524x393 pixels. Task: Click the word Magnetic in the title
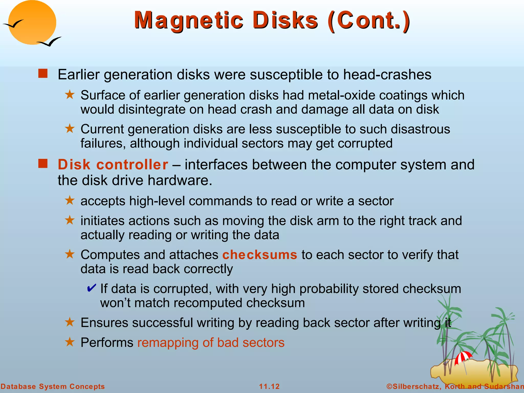[x=189, y=20]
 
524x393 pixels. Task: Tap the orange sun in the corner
[x=32, y=23]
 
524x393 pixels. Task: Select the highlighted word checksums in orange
[x=260, y=255]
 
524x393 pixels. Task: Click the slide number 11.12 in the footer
[x=269, y=386]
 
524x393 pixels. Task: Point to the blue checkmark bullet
[x=91, y=288]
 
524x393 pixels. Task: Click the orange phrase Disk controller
[x=113, y=165]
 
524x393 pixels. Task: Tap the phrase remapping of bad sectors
[x=211, y=343]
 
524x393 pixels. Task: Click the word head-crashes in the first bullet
[x=387, y=75]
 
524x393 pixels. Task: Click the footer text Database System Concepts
[x=53, y=386]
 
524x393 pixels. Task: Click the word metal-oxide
[x=341, y=95]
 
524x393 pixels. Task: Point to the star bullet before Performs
[x=70, y=342]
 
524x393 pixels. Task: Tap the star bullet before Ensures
[x=70, y=322]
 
